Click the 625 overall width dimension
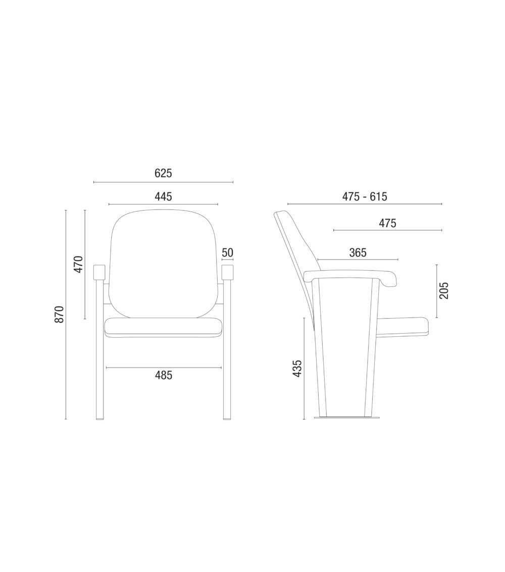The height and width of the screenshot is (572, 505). tap(163, 173)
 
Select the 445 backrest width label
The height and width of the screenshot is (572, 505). tap(163, 196)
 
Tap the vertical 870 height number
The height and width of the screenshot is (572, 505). tap(59, 315)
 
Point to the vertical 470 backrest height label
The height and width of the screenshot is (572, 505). tap(78, 265)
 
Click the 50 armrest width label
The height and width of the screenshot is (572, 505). tap(227, 252)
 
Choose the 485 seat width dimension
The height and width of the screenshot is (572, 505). tap(164, 375)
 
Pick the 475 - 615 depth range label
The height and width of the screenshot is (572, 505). tap(365, 196)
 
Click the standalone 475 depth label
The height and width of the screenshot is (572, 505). tap(387, 223)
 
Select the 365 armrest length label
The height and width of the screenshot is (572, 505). tap(358, 252)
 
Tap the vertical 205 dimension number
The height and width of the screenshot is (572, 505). tap(444, 291)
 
